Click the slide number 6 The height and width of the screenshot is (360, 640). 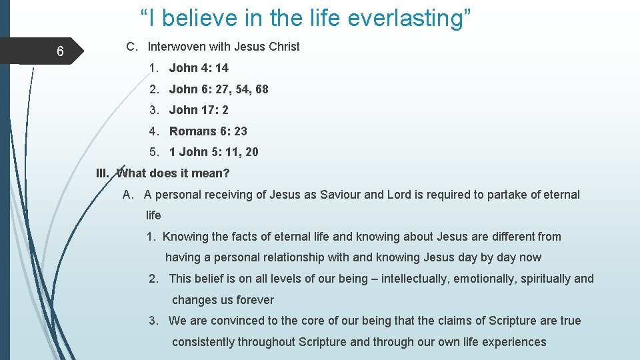60,52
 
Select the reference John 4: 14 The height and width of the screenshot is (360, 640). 199,68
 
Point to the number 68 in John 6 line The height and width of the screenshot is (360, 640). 261,89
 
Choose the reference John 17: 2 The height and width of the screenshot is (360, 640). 199,110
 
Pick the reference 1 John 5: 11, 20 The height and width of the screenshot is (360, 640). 213,152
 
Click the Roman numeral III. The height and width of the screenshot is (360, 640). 103,173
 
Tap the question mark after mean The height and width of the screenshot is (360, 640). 227,173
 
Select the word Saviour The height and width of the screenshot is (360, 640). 341,195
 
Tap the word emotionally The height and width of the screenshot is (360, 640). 485,279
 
